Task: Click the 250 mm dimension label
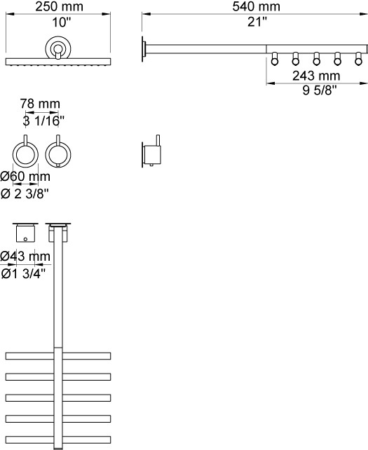(x=59, y=6)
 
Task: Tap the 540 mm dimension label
(x=256, y=6)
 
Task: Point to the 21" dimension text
(x=257, y=22)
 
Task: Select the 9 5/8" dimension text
(x=319, y=90)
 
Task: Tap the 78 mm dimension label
(x=40, y=104)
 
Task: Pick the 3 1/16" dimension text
(x=43, y=121)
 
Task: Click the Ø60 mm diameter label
(x=25, y=176)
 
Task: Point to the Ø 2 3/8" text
(x=25, y=194)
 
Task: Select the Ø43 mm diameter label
(x=25, y=256)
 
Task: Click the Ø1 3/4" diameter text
(x=23, y=273)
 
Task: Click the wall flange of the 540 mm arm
(x=144, y=48)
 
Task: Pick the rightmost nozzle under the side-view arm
(x=358, y=59)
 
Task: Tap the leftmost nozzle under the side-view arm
(x=274, y=59)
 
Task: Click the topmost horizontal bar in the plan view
(x=58, y=356)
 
